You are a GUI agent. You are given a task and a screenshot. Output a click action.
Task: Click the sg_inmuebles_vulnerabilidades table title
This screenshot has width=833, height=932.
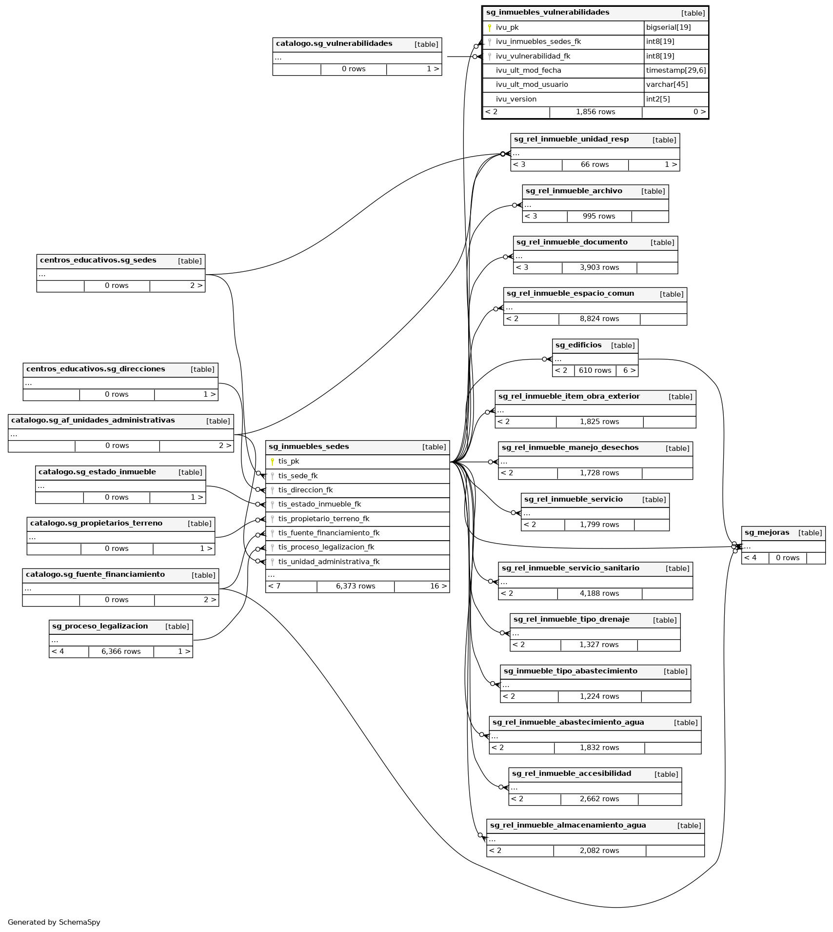click(547, 13)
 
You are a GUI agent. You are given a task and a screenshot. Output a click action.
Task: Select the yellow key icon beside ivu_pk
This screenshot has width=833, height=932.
click(490, 28)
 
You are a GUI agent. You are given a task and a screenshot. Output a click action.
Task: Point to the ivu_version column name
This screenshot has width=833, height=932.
click(516, 99)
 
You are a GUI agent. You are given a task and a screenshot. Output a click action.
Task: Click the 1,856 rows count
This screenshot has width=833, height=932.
click(595, 112)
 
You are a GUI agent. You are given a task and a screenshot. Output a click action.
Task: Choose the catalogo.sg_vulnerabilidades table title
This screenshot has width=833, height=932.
click(334, 44)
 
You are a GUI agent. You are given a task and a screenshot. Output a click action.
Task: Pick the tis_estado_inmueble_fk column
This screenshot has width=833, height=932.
click(319, 505)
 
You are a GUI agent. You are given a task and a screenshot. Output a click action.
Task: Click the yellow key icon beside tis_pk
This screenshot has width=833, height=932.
click(273, 462)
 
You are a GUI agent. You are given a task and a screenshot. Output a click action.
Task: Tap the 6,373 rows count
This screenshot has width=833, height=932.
click(356, 587)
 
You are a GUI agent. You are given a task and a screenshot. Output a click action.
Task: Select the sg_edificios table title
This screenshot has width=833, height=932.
click(578, 345)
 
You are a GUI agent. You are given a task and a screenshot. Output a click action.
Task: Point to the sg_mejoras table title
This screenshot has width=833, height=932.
click(767, 533)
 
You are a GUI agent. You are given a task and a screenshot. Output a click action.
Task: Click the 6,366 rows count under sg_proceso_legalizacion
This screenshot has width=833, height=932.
click(121, 652)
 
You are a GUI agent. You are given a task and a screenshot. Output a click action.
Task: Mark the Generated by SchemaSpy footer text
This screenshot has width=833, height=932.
click(54, 922)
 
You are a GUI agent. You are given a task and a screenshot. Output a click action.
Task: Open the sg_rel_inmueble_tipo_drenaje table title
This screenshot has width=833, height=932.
click(571, 620)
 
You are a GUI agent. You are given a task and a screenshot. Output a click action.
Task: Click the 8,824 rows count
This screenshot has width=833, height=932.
click(599, 319)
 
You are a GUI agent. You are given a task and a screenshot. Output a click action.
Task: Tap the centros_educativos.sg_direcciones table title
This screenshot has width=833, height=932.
click(96, 369)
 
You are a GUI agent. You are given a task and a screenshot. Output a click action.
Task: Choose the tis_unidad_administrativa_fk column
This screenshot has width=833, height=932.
click(329, 562)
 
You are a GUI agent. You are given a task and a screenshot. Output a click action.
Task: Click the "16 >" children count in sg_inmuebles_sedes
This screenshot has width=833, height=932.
click(438, 587)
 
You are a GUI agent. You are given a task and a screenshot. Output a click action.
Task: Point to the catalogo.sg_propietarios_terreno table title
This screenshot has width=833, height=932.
click(96, 524)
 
